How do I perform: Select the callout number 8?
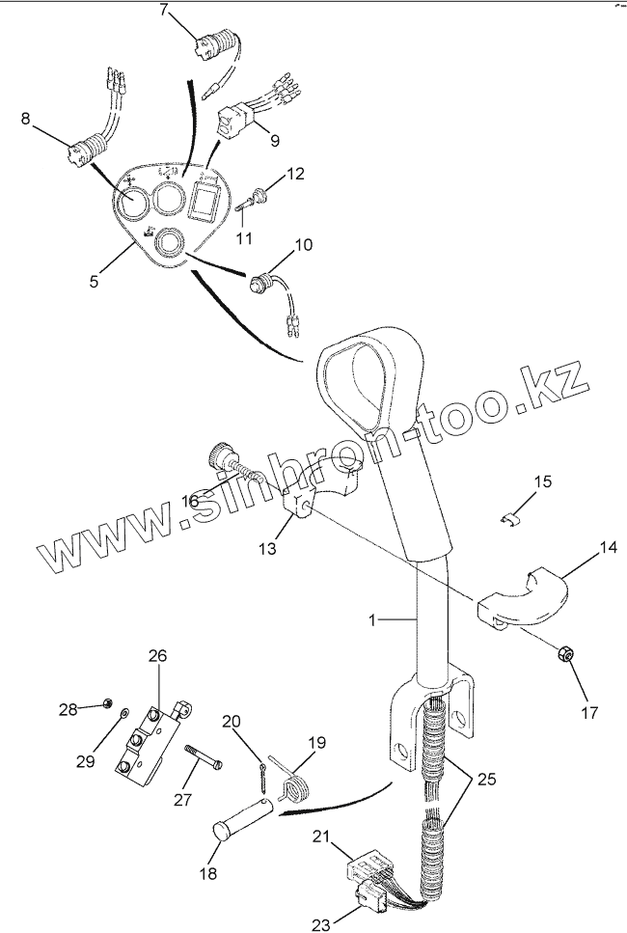pos(26,120)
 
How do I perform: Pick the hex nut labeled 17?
pos(566,656)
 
